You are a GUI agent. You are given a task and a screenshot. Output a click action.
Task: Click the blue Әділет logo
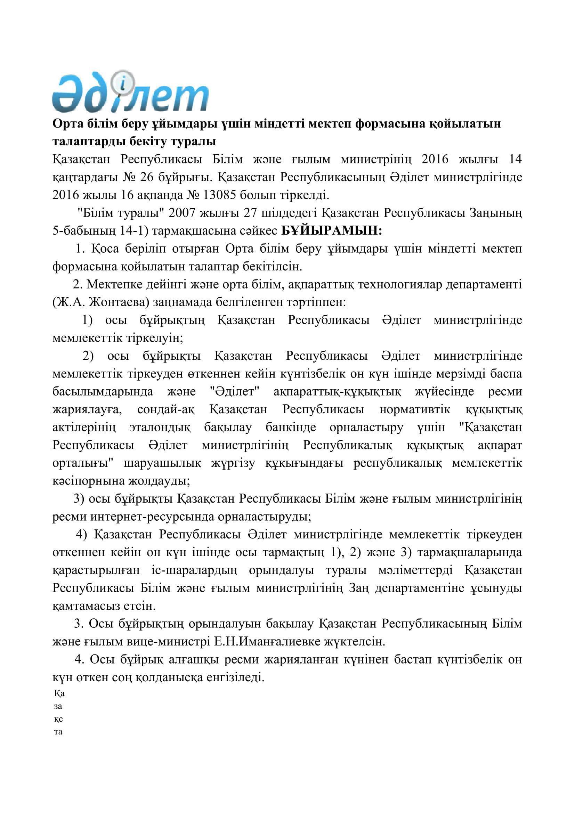click(130, 94)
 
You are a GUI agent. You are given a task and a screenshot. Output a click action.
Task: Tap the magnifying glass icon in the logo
click(121, 82)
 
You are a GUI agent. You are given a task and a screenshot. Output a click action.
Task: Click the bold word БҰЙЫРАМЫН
click(331, 231)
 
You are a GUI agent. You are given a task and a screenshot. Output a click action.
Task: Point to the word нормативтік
click(415, 410)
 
